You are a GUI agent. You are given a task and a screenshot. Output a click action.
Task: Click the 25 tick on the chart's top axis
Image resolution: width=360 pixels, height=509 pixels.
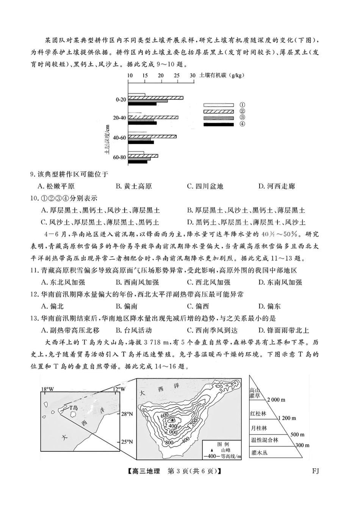[177, 76]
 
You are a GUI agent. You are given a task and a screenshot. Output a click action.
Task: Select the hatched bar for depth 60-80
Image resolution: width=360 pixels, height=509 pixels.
[143, 156]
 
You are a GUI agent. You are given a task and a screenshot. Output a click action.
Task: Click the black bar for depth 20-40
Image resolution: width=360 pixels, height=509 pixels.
[142, 123]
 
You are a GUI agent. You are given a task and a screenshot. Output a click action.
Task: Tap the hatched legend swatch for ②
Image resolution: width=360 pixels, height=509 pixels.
[219, 111]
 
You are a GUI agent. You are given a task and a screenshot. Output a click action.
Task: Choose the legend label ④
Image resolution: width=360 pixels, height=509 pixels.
[242, 124]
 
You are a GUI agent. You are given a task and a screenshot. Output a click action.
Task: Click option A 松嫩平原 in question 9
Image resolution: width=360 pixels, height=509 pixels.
[57, 186]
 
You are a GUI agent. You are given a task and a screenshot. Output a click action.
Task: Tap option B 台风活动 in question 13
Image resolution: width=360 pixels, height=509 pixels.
[133, 330]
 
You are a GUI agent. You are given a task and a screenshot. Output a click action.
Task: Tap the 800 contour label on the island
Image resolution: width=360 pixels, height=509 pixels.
[169, 442]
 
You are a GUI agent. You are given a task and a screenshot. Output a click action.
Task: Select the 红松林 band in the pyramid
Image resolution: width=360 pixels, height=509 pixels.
[258, 414]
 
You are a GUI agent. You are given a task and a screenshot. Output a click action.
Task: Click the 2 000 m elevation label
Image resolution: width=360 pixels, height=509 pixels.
[276, 400]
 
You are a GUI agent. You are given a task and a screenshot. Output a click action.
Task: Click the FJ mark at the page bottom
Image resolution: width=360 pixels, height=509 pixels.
[315, 471]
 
